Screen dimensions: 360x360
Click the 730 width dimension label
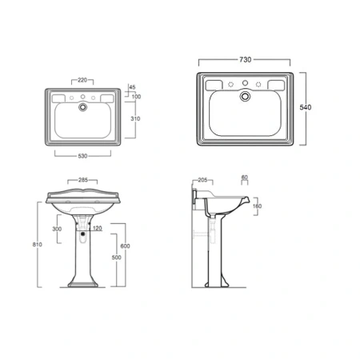coord(245,59)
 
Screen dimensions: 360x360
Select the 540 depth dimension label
coord(306,107)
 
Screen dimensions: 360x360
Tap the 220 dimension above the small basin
coord(82,80)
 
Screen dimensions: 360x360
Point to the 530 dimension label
coord(82,156)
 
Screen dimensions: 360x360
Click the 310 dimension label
coord(135,118)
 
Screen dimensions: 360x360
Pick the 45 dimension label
coord(132,87)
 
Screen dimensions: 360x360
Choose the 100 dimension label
coord(136,97)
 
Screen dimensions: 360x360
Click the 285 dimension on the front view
coord(83,180)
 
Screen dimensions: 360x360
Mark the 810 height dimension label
coord(38,244)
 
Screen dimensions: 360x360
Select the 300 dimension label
coord(57,229)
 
